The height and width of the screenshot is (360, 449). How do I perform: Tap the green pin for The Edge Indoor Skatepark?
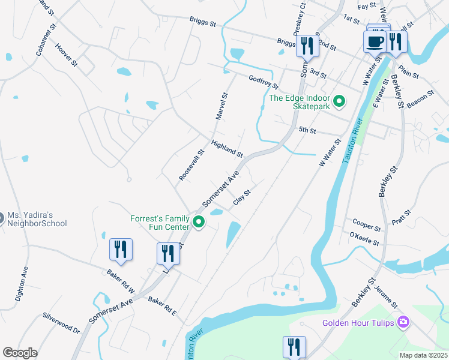339,101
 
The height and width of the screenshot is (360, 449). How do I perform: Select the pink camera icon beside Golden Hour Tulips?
403,323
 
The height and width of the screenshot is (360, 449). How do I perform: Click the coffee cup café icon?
376,42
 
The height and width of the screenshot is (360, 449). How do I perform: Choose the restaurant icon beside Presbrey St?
307,45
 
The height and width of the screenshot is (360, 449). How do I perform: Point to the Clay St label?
241,197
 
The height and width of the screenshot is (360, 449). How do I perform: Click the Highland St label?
226,149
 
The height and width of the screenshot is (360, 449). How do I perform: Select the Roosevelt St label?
192,166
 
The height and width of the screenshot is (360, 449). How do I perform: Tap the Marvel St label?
220,106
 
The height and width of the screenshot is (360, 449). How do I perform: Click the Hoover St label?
66,54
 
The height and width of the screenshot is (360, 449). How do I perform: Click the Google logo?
20,352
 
